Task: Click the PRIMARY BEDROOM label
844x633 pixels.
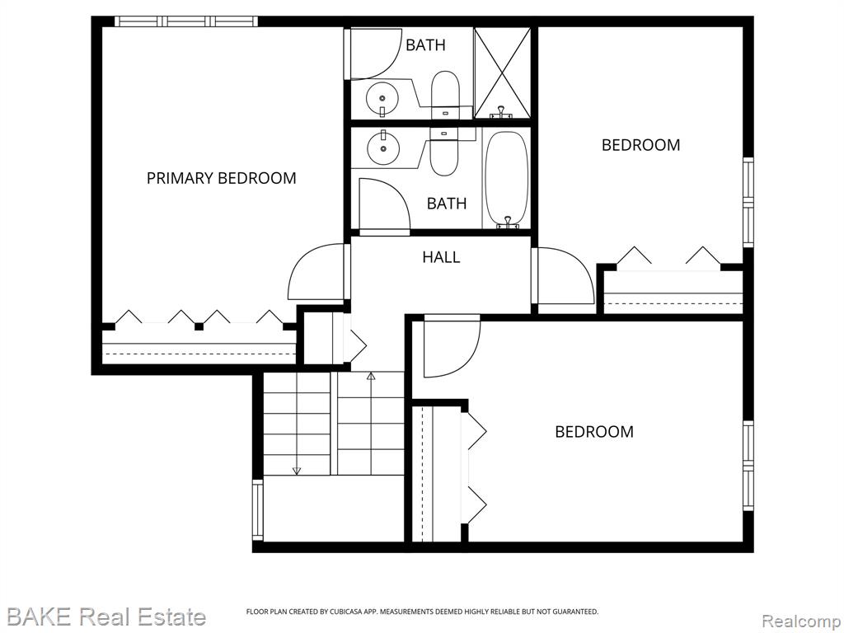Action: [x=221, y=178]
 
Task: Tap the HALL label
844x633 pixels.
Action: [x=441, y=257]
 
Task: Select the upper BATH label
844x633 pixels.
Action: [x=425, y=45]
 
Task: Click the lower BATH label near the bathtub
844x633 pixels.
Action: [x=446, y=204]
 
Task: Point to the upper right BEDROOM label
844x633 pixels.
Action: [x=640, y=145]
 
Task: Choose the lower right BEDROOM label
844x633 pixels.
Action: [x=594, y=432]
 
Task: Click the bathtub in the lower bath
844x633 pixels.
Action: [x=506, y=178]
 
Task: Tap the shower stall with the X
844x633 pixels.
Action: [x=502, y=73]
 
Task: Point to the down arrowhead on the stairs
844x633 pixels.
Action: [x=297, y=471]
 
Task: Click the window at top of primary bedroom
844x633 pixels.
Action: [x=186, y=21]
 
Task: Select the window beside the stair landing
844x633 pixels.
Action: [x=258, y=509]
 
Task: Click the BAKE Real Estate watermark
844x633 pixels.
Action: [x=106, y=617]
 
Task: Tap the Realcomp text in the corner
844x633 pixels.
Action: [x=802, y=621]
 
